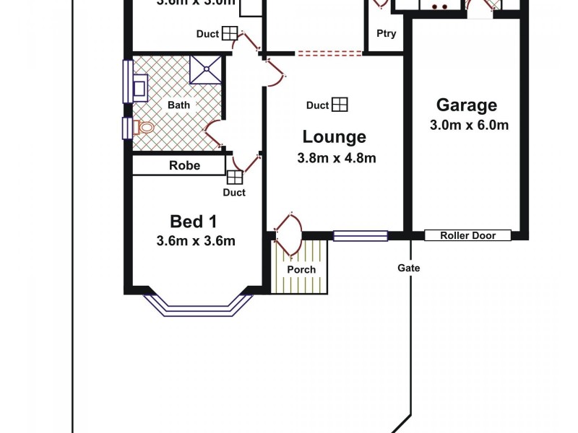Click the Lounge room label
[x=334, y=136]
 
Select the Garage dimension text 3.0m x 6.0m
[x=469, y=125]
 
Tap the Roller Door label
[x=467, y=235]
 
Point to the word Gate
[x=408, y=268]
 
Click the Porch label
[x=301, y=269]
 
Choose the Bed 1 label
[x=194, y=221]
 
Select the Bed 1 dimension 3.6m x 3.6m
[x=195, y=242]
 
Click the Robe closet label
[x=184, y=165]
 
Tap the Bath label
[x=178, y=105]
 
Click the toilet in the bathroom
[x=144, y=128]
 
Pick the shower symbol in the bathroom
[x=206, y=71]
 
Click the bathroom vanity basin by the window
[x=139, y=87]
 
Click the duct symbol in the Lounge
[x=340, y=105]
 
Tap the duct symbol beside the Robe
[x=235, y=178]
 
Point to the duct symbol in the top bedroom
[x=229, y=33]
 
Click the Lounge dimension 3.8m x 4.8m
[x=336, y=159]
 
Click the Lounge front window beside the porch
[x=360, y=235]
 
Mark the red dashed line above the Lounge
[x=329, y=53]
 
